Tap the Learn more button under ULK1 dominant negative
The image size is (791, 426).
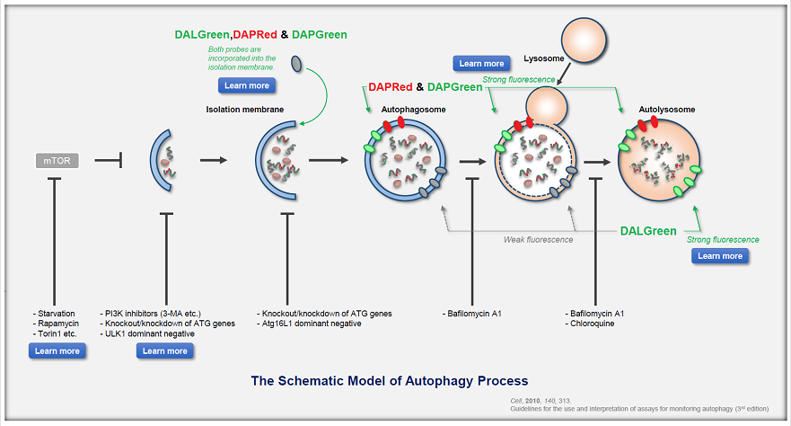pyautogui.click(x=165, y=351)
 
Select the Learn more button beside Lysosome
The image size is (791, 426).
pyautogui.click(x=481, y=63)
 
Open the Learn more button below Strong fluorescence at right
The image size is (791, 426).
pyautogui.click(x=720, y=256)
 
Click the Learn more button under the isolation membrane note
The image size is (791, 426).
pyautogui.click(x=247, y=85)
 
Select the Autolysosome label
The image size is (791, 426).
pyautogui.click(x=667, y=110)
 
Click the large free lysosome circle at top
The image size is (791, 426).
pyautogui.click(x=587, y=42)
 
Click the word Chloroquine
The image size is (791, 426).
pyautogui.click(x=593, y=323)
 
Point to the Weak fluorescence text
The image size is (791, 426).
pyautogui.click(x=538, y=239)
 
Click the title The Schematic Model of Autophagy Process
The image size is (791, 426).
pyautogui.click(x=389, y=380)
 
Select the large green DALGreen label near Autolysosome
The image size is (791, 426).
pyautogui.click(x=648, y=231)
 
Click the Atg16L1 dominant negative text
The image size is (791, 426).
pyautogui.click(x=311, y=323)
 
